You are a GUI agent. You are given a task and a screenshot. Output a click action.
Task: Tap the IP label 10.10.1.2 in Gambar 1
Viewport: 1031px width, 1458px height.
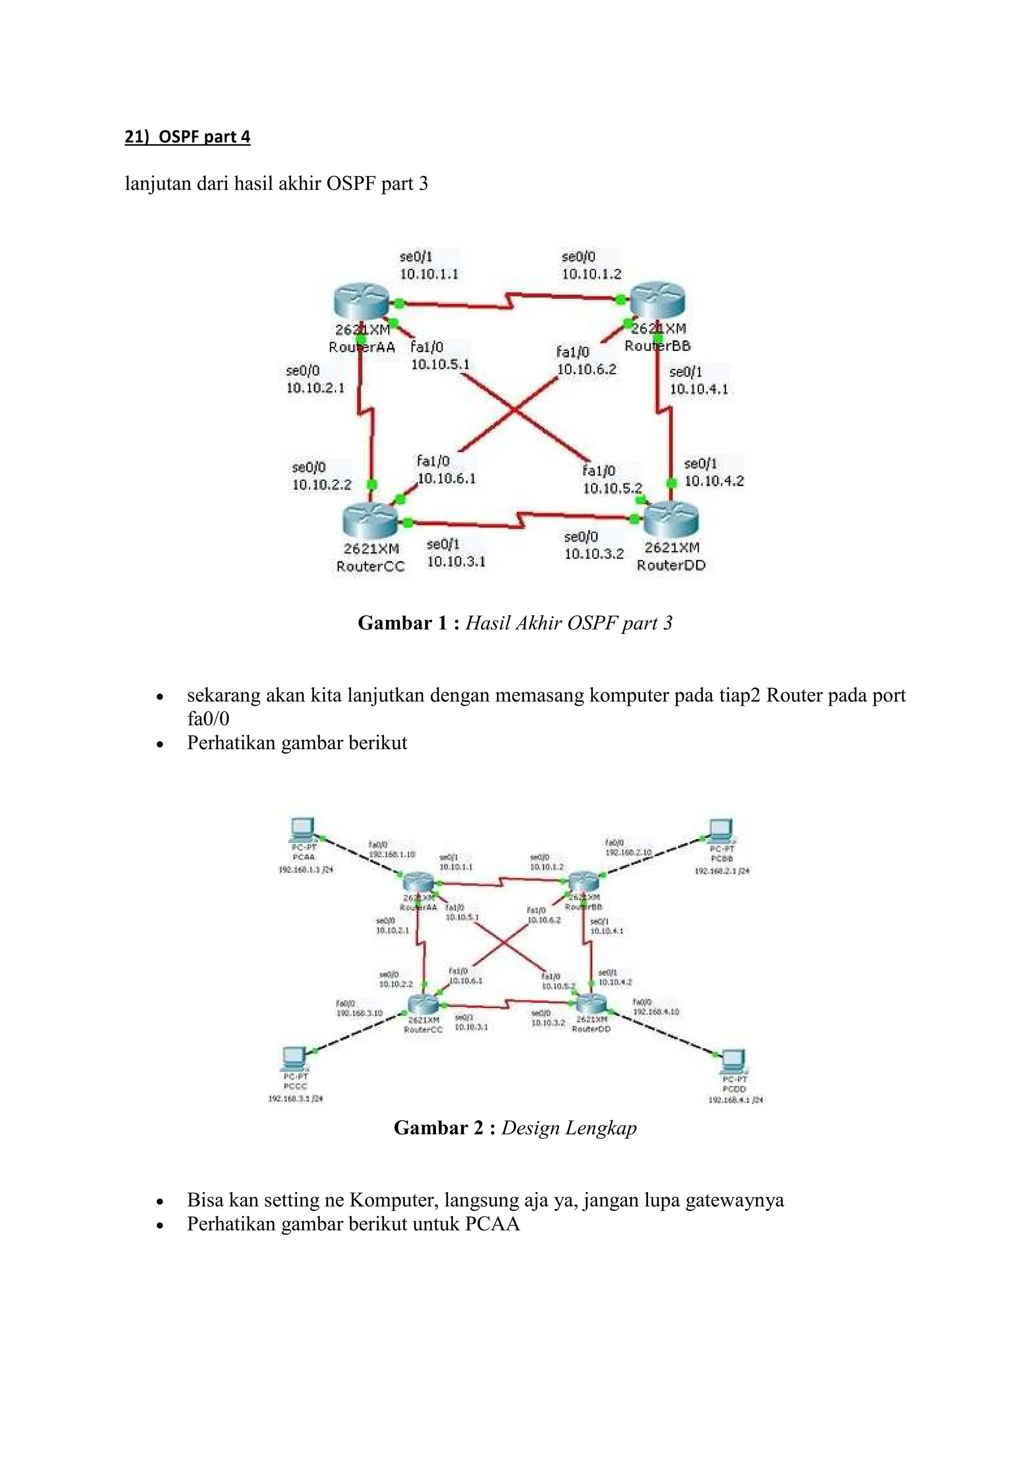click(591, 274)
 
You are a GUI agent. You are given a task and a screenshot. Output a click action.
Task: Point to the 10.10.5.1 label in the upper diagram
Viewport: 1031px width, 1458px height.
click(440, 364)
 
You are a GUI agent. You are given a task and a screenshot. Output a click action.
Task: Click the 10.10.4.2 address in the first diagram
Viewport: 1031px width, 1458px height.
click(713, 481)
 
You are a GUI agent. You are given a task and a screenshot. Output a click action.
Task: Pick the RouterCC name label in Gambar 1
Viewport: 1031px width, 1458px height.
click(370, 566)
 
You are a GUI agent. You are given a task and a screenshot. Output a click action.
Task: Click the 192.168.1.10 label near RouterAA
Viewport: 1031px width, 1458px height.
click(392, 854)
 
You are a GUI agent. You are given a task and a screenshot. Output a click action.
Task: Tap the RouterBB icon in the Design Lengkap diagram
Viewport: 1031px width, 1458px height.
click(583, 882)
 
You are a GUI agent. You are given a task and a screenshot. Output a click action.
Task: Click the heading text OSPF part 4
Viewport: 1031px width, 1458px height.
click(204, 136)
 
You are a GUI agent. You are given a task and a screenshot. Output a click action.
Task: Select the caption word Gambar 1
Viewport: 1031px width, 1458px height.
click(403, 623)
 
